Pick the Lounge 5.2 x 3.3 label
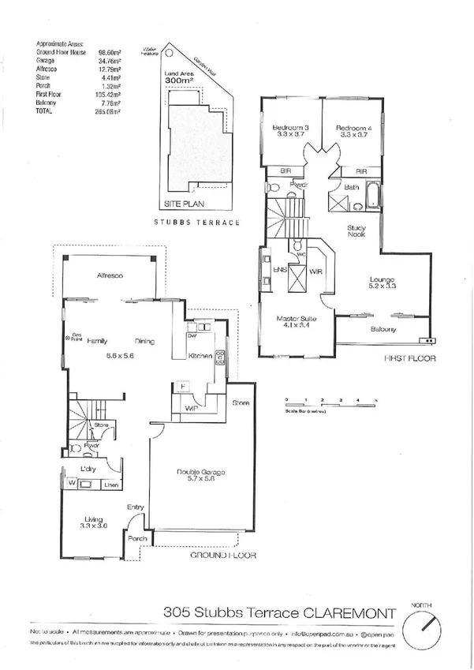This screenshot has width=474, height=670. click(383, 283)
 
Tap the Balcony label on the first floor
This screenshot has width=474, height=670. click(383, 329)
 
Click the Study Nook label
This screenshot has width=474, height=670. click(356, 230)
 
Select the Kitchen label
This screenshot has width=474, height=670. click(200, 357)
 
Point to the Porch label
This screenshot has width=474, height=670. click(138, 539)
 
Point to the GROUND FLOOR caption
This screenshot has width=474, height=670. click(224, 556)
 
